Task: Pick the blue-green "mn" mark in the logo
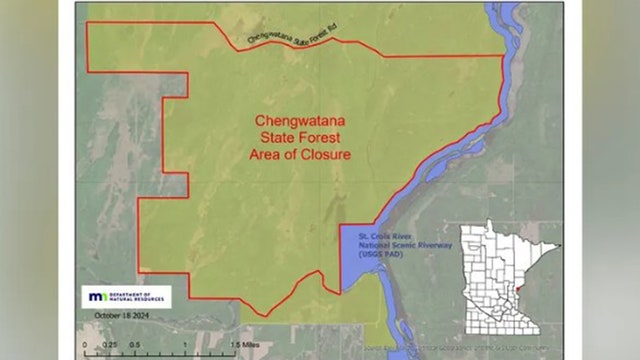click(x=97, y=297)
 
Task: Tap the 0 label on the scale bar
click(x=85, y=345)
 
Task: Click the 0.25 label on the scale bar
click(x=113, y=345)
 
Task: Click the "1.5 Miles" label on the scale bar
click(x=245, y=345)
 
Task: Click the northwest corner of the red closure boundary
click(x=87, y=21)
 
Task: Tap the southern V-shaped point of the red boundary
click(x=265, y=316)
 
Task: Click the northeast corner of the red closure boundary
click(x=500, y=55)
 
